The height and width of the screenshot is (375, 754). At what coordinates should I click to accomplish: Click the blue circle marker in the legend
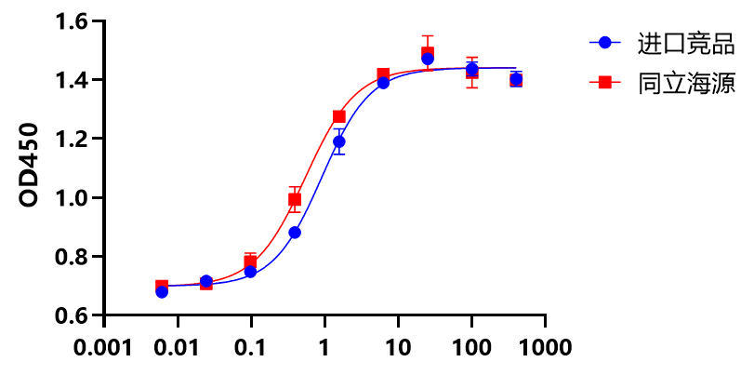coord(605,43)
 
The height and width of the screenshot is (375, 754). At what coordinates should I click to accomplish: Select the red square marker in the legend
coord(605,83)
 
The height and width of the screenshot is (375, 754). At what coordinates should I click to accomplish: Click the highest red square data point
coord(428,53)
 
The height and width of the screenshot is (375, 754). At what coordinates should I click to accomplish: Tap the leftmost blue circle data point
coord(162,291)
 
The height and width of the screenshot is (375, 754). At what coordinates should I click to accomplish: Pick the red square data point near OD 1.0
coord(295,199)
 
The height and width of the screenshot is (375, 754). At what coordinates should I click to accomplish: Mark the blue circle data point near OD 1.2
coord(339,142)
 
